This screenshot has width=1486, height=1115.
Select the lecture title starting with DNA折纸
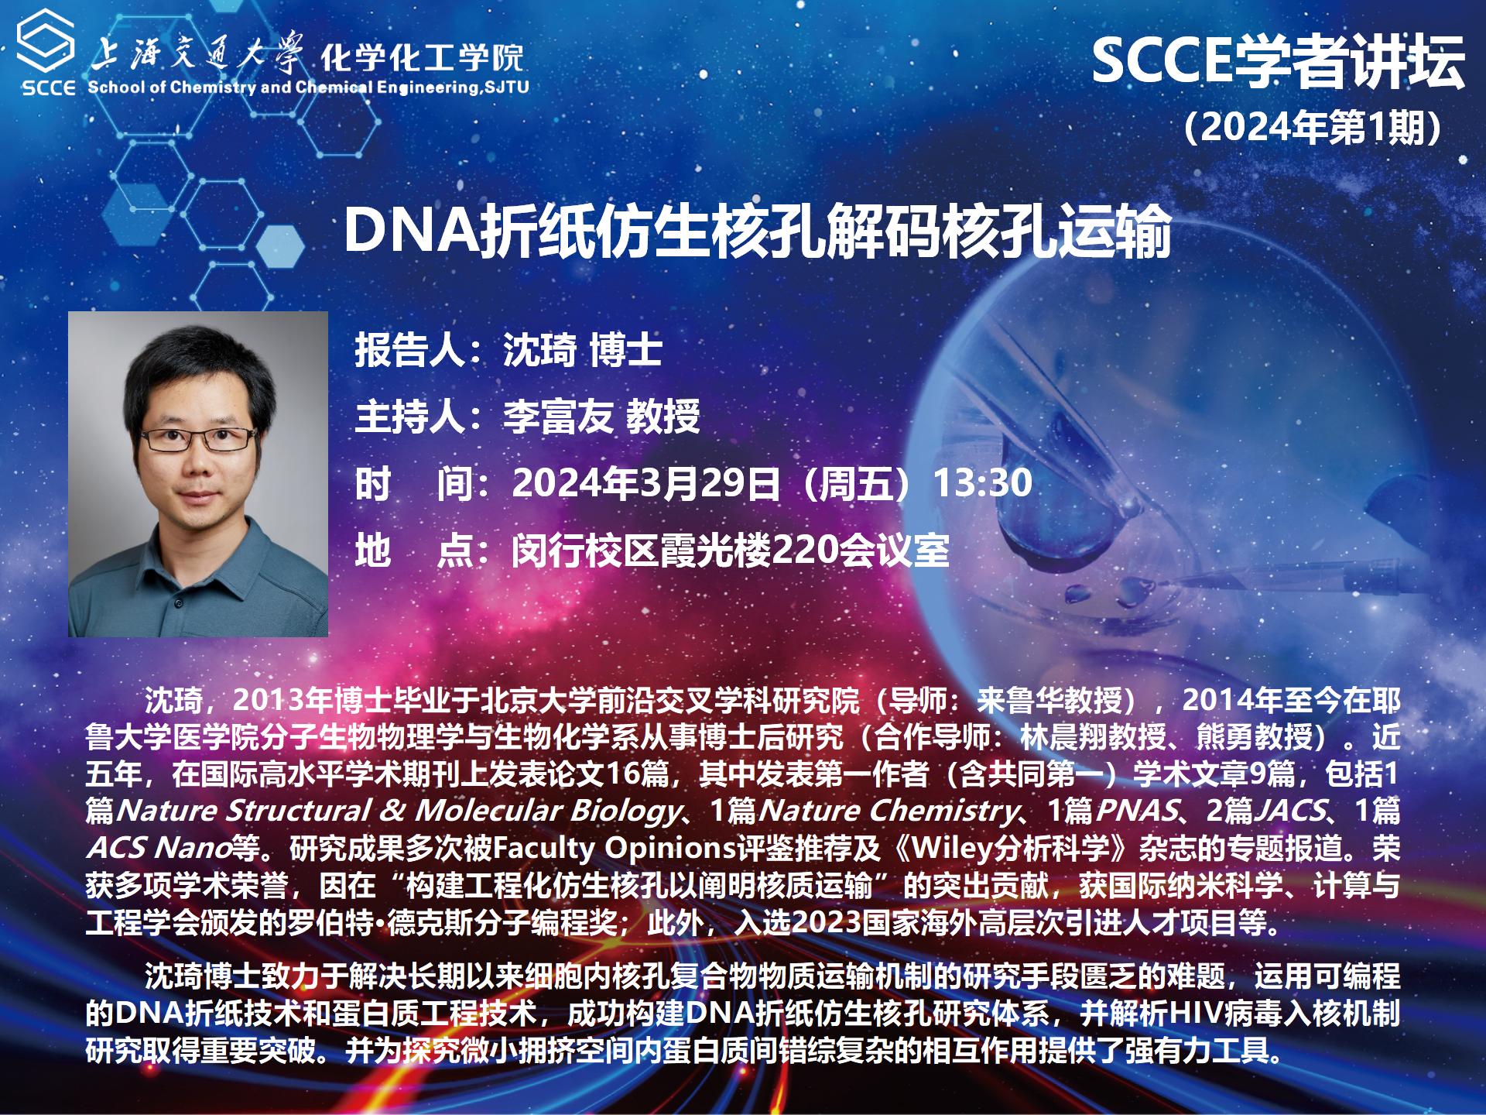756,231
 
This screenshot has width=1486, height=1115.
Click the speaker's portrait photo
198,474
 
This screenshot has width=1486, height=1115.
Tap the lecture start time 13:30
983,483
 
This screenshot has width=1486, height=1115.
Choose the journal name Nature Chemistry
888,811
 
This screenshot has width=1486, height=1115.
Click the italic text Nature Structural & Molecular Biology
396,811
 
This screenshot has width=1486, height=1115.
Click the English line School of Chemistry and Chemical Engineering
308,87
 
